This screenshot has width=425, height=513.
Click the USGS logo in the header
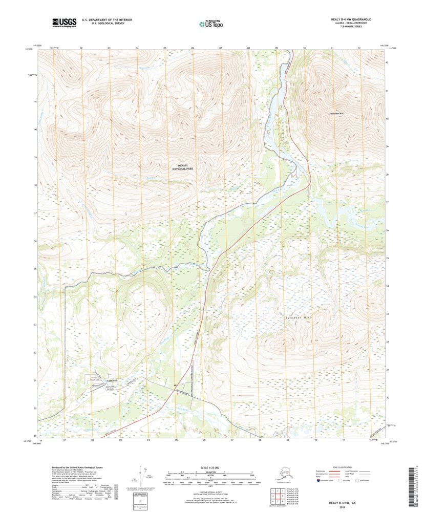(x=63, y=22)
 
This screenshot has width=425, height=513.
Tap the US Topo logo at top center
(x=210, y=23)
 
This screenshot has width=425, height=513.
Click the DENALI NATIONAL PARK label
(x=183, y=167)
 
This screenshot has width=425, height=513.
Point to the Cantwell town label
(x=112, y=380)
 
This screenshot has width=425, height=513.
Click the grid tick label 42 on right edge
(x=387, y=62)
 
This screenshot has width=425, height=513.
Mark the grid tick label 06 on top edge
(x=193, y=48)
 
